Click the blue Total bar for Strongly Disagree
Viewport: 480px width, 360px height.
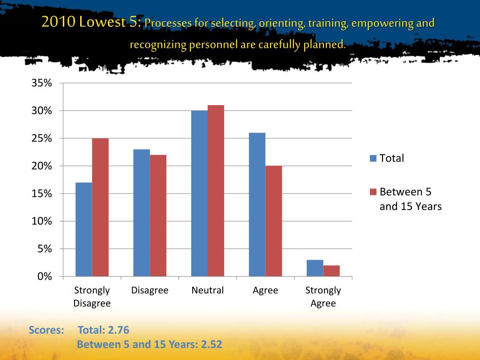[x=83, y=229]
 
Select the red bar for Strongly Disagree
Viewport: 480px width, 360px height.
[x=100, y=207]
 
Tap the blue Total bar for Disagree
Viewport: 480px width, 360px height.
[x=142, y=213]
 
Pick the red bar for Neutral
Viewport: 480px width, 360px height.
[x=216, y=191]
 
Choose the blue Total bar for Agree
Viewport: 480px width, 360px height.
[x=257, y=204]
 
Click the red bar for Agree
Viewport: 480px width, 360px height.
[x=274, y=221]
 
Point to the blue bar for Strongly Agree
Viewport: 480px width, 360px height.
[x=315, y=268]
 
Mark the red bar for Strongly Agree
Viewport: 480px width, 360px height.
[x=331, y=271]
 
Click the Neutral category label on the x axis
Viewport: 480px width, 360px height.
[x=208, y=291]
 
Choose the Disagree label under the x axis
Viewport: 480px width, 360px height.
[x=150, y=291]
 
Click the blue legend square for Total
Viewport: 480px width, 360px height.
[x=373, y=158]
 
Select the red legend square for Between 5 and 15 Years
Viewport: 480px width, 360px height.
[x=373, y=192]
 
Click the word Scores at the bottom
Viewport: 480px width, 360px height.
[x=46, y=330]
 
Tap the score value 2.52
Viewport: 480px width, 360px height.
[x=211, y=345]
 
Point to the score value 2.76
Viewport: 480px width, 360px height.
[x=118, y=330]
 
